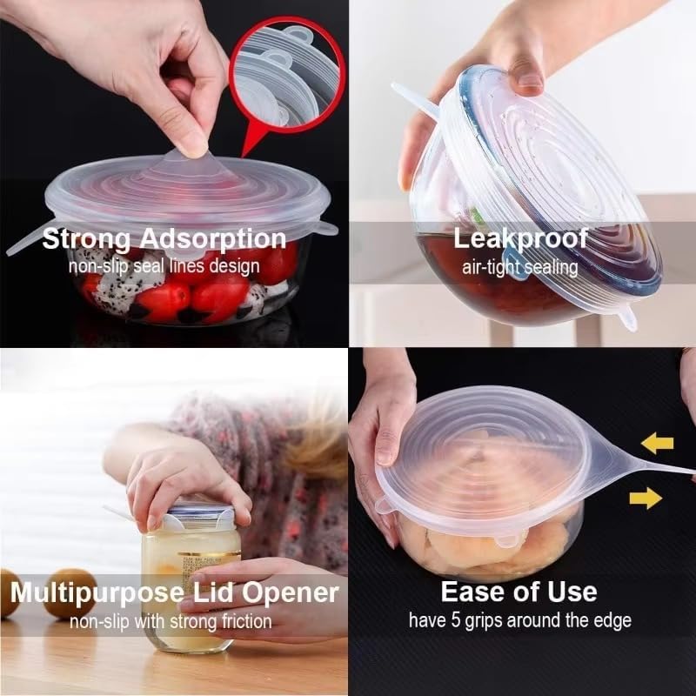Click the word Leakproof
[x=521, y=238]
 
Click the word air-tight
[x=490, y=264]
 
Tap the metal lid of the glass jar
[x=201, y=513]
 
